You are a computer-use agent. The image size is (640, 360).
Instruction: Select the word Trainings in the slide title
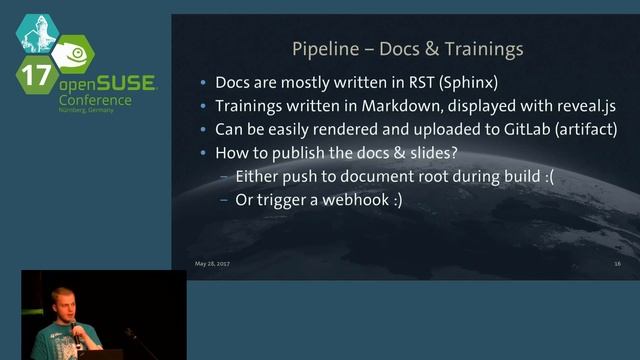tap(484, 48)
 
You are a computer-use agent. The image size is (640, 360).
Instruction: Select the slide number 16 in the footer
tap(618, 263)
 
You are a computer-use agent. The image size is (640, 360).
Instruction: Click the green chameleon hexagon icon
tap(73, 52)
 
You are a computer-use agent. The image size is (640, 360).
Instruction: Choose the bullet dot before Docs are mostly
tap(205, 84)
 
